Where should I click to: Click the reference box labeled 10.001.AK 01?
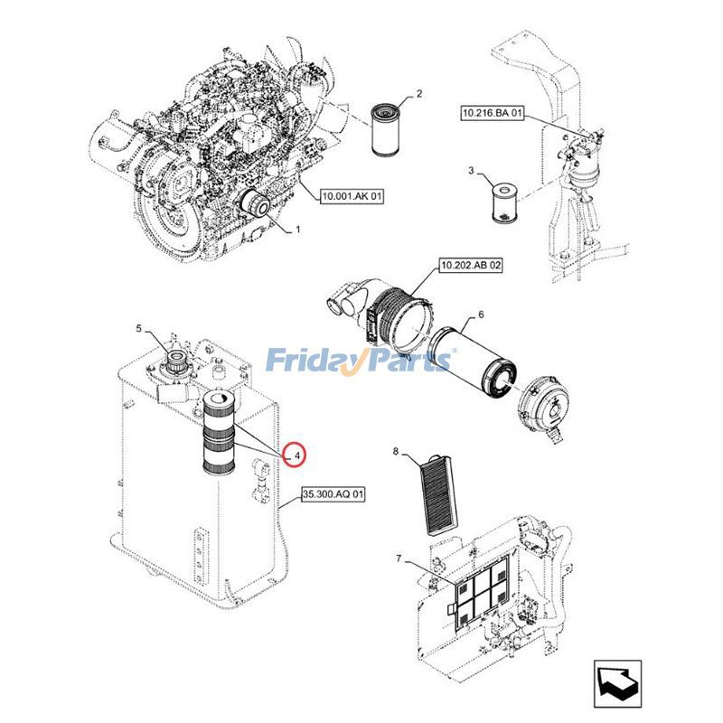(x=352, y=195)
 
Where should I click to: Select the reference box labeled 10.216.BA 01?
(x=493, y=114)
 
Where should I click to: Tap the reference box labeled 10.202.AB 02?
(x=470, y=265)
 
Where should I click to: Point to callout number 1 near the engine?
(x=297, y=230)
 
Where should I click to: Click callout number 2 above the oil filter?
(x=419, y=93)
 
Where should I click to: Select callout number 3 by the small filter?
(x=471, y=170)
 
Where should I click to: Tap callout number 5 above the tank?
(x=138, y=328)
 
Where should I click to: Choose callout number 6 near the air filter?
(x=481, y=314)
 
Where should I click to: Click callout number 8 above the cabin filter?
(x=396, y=449)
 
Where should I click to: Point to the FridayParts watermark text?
(x=361, y=361)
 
